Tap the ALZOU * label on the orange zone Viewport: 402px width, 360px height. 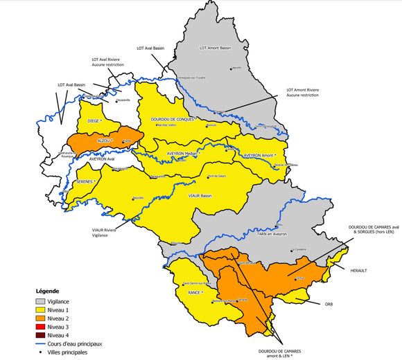click(x=105, y=139)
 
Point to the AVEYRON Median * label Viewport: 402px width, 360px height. click(x=184, y=153)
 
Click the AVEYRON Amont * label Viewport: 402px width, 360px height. click(x=260, y=156)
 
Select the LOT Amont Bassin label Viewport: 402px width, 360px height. click(x=214, y=48)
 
